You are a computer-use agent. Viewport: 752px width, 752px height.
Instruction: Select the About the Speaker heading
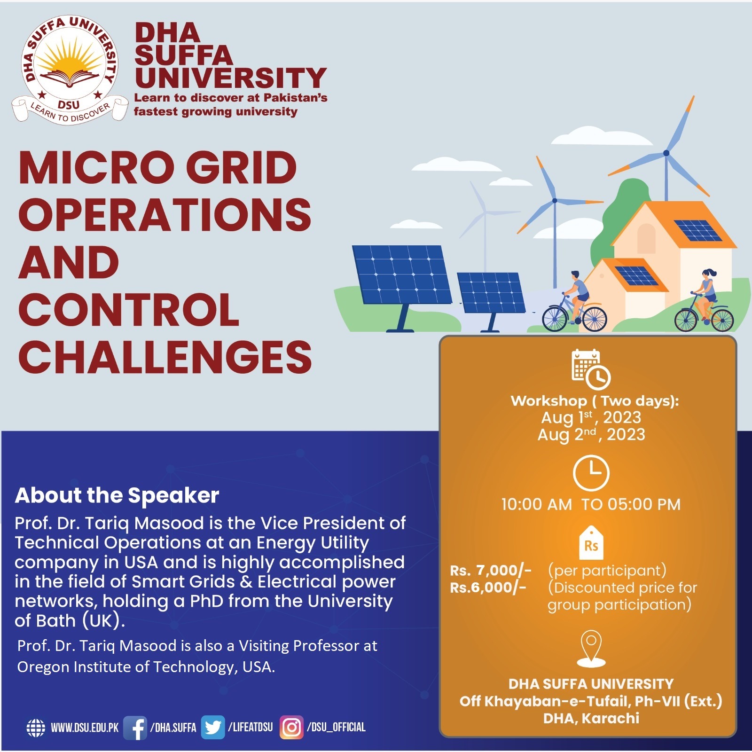117,495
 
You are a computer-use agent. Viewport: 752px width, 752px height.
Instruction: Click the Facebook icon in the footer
135,728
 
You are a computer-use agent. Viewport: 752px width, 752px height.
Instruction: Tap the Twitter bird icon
213,728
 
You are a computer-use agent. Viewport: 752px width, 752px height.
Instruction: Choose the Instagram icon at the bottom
291,728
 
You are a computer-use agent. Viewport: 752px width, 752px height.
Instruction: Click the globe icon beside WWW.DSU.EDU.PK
36,728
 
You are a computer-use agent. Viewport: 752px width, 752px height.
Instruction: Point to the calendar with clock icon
591,369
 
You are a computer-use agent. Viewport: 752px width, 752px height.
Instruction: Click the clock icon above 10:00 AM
591,473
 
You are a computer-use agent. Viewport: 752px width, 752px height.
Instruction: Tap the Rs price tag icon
591,543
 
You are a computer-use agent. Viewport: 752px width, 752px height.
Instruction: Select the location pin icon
591,649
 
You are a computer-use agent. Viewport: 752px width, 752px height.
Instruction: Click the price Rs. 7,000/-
491,571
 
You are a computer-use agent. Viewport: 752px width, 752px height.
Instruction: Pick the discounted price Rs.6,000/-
488,587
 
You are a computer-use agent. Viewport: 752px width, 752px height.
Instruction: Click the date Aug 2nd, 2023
591,435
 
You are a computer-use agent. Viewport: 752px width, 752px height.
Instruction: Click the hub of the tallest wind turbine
666,153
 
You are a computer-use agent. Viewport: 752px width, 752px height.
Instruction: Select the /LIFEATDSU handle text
250,728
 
